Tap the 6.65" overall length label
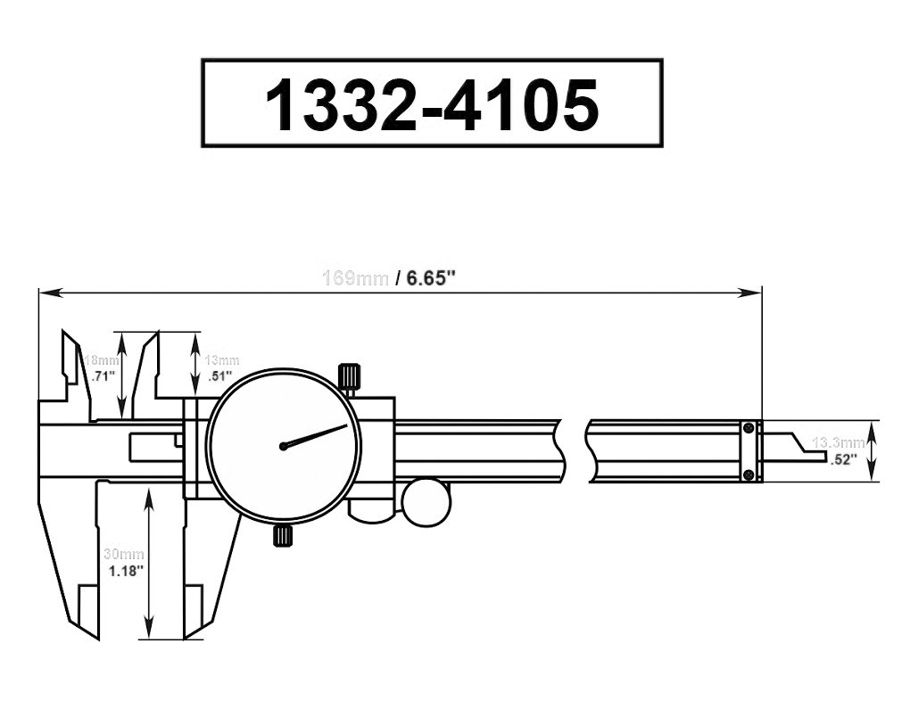click(432, 278)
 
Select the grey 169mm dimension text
click(354, 278)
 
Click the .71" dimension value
click(105, 376)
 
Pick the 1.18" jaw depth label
click(122, 572)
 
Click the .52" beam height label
click(842, 459)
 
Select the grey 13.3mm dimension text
click(839, 442)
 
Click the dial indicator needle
click(317, 435)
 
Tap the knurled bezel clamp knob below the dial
click(283, 535)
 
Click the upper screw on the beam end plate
click(749, 430)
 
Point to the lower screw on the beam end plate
click(749, 473)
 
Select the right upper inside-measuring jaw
click(147, 366)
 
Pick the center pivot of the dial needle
click(283, 446)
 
